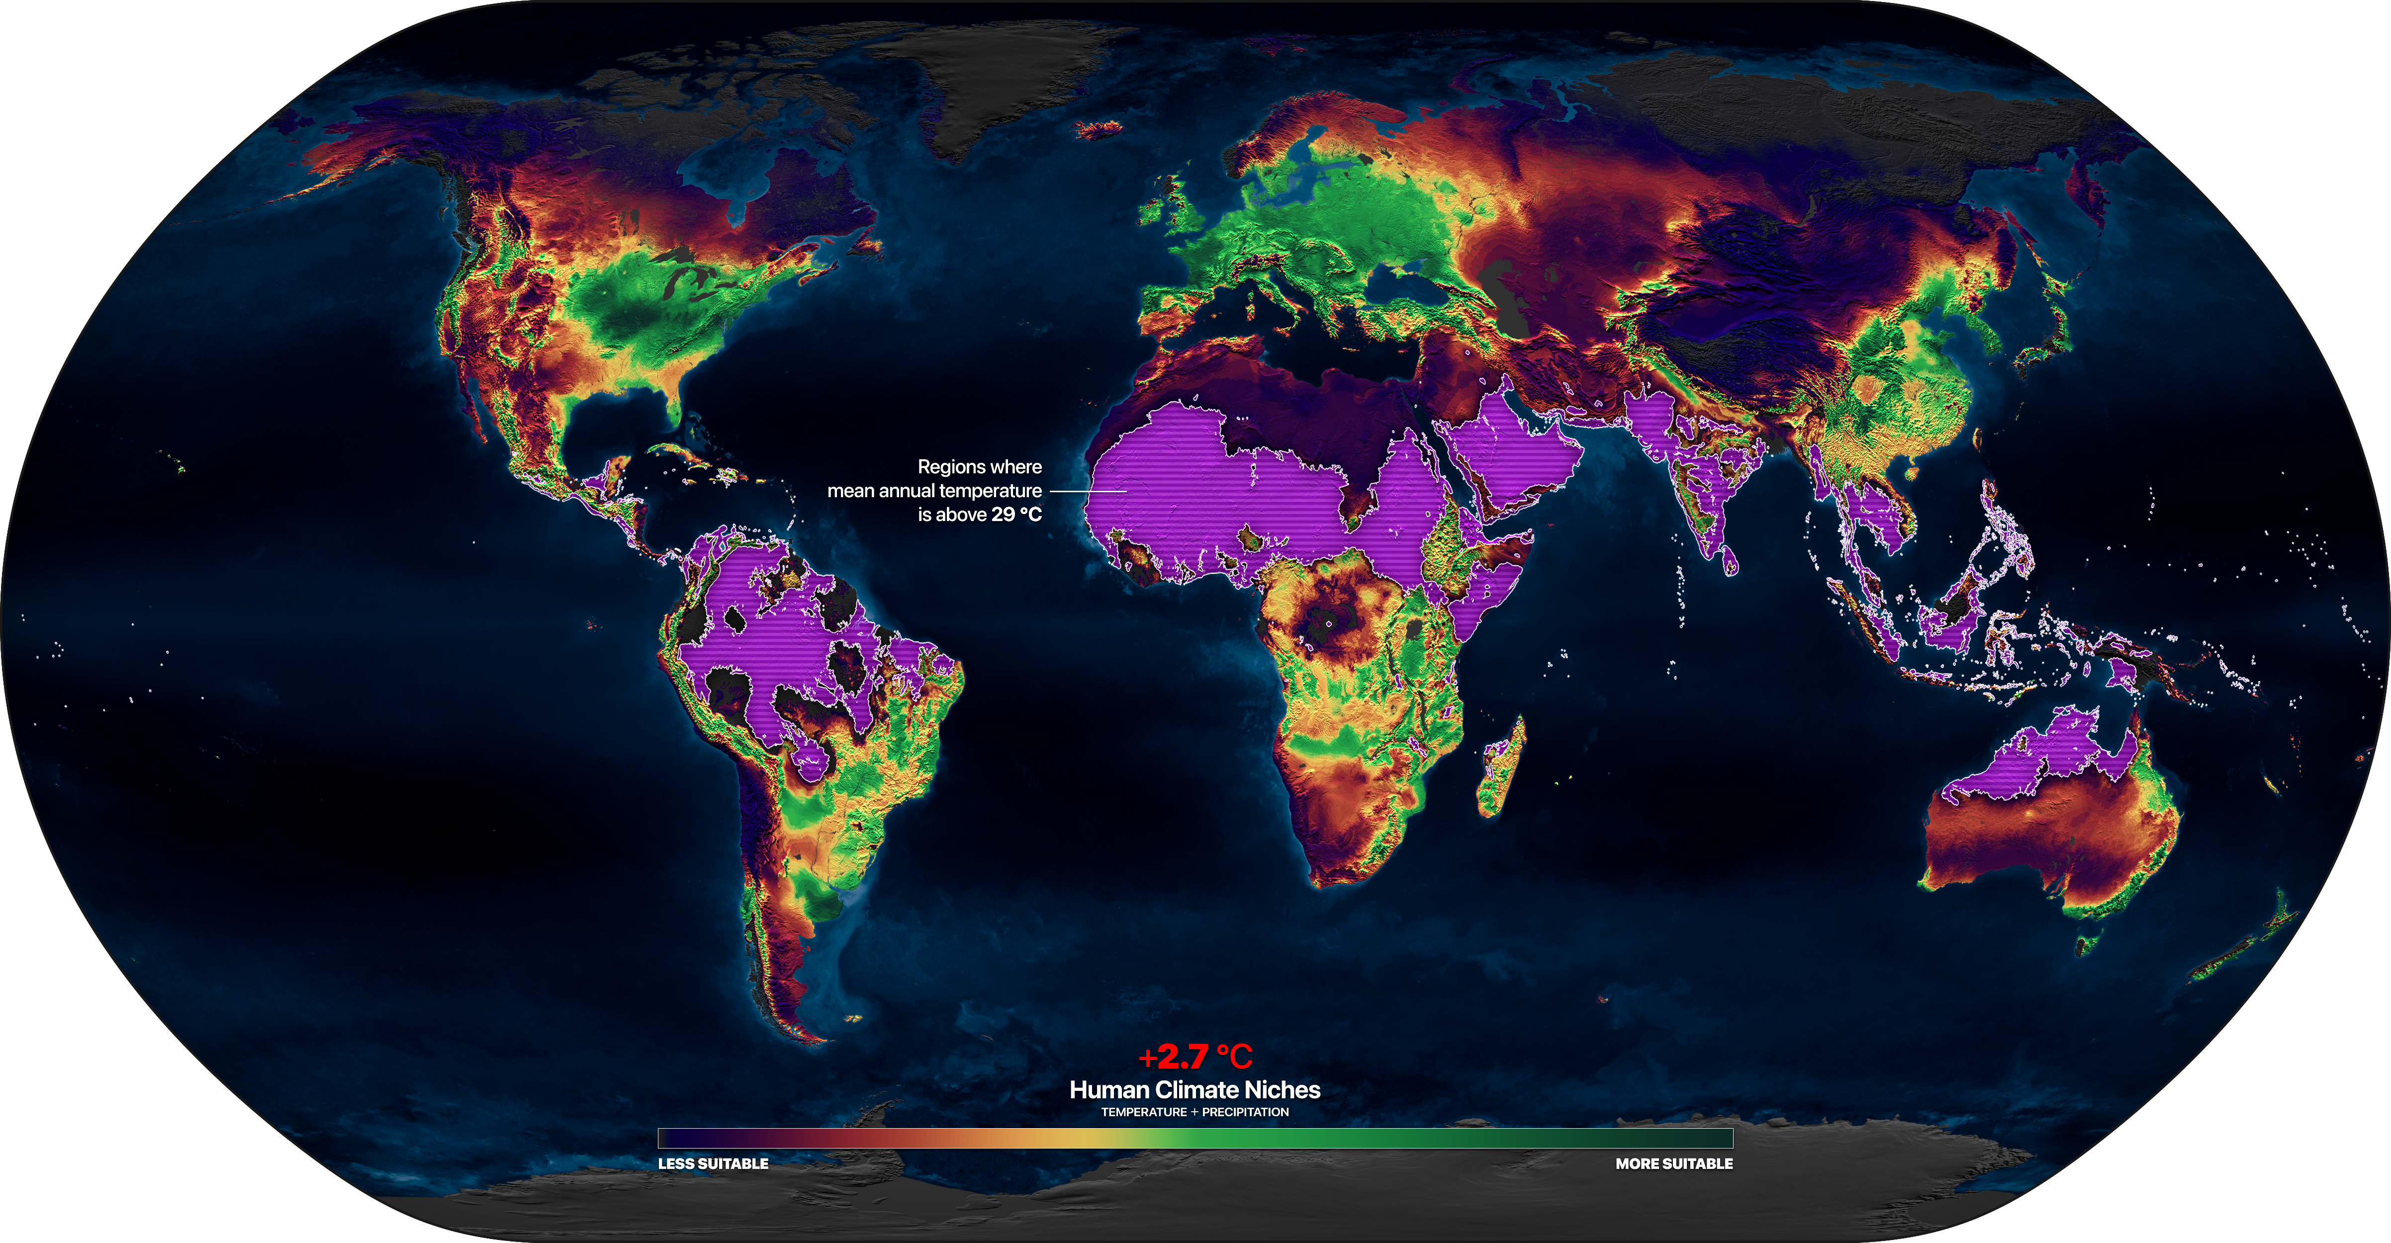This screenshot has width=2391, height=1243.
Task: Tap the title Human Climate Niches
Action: tap(1195, 1090)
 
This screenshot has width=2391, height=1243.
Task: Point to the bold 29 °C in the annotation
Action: tap(1016, 514)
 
